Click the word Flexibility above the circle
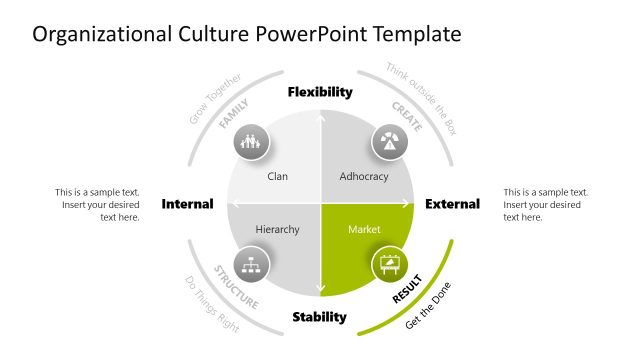click(x=320, y=92)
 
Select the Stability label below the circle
click(x=320, y=318)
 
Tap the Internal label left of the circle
click(x=187, y=204)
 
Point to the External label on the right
click(x=452, y=204)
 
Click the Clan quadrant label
click(x=278, y=177)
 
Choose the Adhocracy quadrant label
click(x=363, y=177)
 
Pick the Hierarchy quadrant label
click(x=277, y=230)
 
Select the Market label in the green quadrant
click(x=364, y=230)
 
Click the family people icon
click(x=251, y=142)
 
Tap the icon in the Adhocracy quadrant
click(x=389, y=142)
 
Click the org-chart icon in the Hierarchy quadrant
click(x=251, y=266)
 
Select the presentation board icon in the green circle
click(x=389, y=266)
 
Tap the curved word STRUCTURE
click(x=237, y=287)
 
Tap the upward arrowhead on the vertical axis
click(x=320, y=118)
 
